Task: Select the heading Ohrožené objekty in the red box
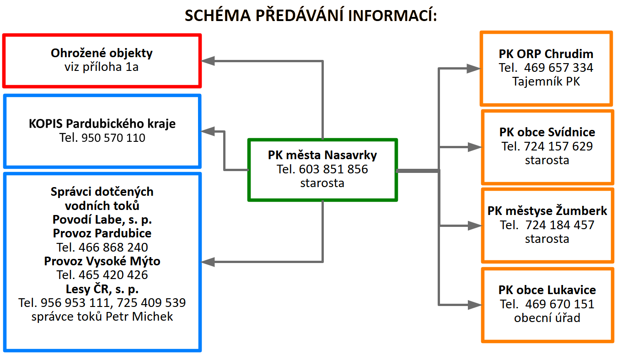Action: click(102, 53)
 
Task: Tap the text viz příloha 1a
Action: click(102, 67)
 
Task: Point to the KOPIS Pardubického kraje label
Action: click(102, 124)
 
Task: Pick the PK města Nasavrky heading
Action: click(322, 155)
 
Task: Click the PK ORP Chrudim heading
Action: click(546, 54)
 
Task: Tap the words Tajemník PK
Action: click(546, 81)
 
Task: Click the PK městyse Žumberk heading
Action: click(547, 211)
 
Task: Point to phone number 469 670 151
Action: click(560, 304)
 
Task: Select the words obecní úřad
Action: click(547, 318)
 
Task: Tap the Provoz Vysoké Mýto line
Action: click(102, 261)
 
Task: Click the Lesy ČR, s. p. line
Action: click(102, 289)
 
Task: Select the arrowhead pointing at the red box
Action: click(209, 61)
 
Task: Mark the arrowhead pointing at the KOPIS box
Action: click(209, 132)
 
